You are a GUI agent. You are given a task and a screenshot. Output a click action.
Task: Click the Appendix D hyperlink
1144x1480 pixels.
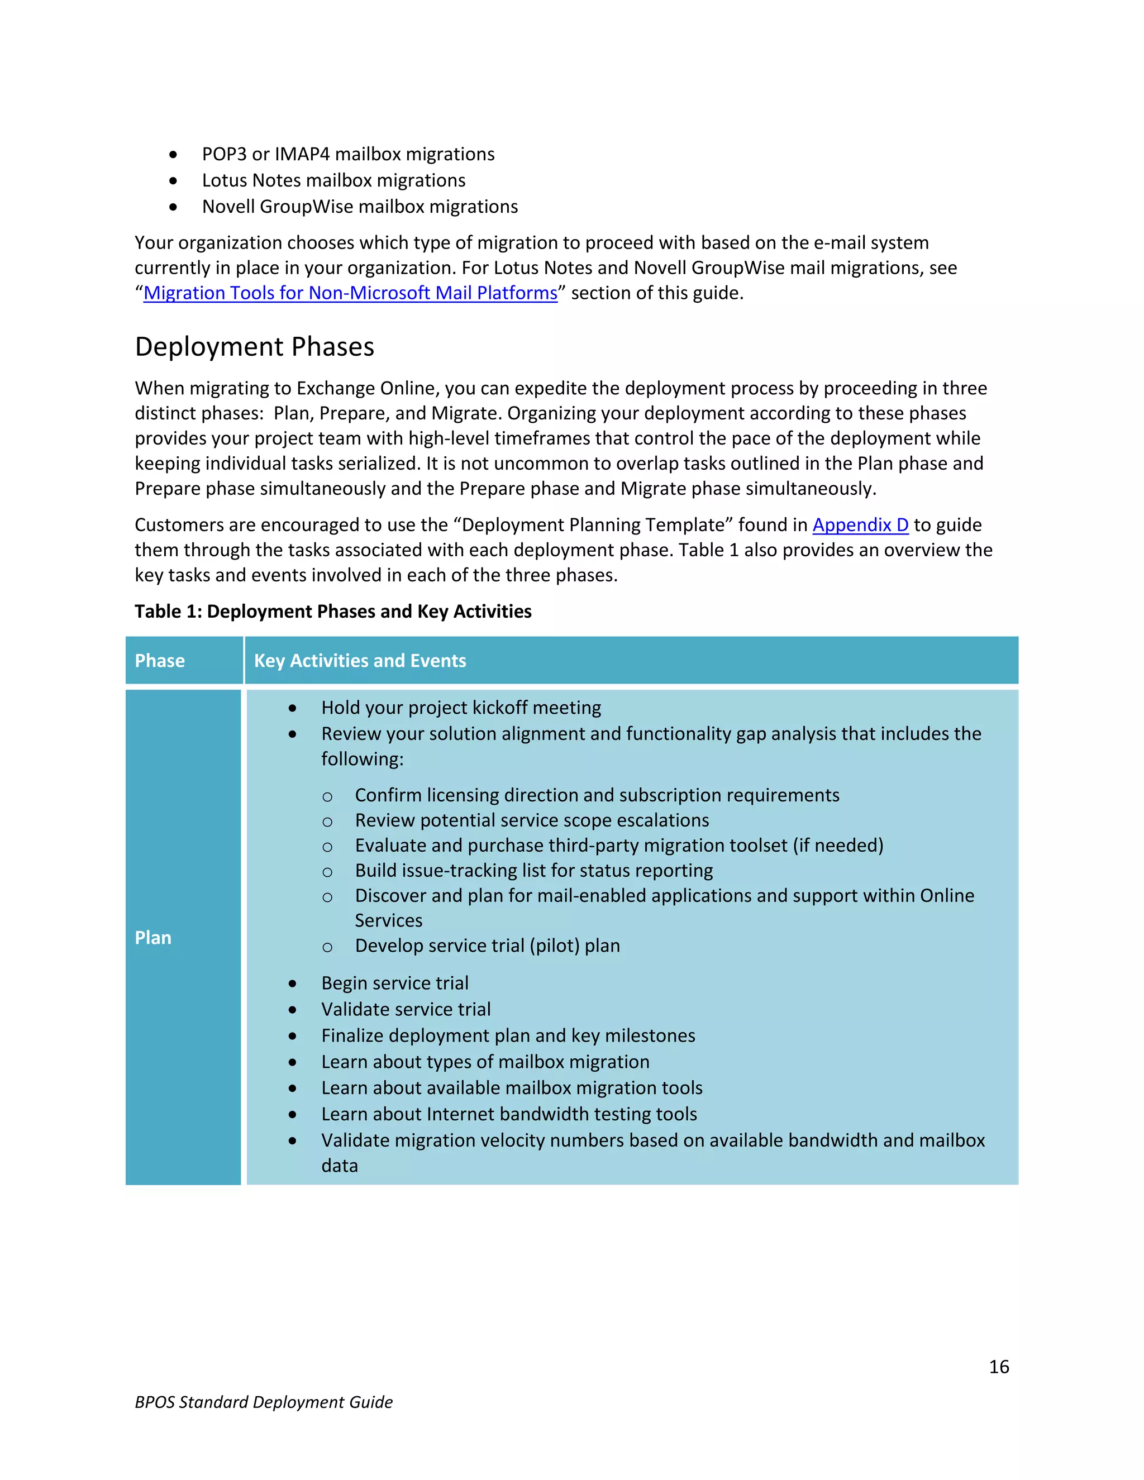click(860, 525)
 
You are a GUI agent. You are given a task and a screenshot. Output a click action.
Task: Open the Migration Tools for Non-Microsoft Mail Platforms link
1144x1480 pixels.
click(350, 293)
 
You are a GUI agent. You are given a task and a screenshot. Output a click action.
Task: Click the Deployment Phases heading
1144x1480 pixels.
click(254, 347)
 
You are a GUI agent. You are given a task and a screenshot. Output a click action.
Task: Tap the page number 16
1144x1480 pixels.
click(998, 1367)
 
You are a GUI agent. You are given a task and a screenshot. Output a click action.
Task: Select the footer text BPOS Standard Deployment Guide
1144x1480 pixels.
click(264, 1402)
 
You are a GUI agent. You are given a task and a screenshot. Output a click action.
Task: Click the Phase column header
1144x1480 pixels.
click(160, 661)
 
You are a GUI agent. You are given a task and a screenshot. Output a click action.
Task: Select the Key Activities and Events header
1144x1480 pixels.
click(360, 661)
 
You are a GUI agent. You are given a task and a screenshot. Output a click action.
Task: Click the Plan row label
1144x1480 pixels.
click(153, 938)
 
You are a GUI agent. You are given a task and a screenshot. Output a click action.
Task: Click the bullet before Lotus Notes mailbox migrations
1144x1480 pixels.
click(174, 181)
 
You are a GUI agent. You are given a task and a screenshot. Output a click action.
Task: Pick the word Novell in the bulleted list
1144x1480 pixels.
click(228, 207)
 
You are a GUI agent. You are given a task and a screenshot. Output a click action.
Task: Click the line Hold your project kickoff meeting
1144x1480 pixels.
click(461, 708)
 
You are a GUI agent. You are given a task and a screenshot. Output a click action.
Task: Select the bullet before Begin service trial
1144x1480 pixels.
click(292, 984)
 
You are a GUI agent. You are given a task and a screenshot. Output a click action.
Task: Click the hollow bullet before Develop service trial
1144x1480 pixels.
click(327, 947)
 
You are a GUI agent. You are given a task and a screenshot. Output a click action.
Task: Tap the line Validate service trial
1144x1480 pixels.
click(406, 1010)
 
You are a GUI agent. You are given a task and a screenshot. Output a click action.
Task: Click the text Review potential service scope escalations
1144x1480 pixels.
click(531, 820)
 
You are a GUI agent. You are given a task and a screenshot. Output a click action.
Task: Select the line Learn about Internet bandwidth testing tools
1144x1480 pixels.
click(508, 1114)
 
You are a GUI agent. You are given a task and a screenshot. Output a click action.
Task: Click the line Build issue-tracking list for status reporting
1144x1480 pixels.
click(533, 871)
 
